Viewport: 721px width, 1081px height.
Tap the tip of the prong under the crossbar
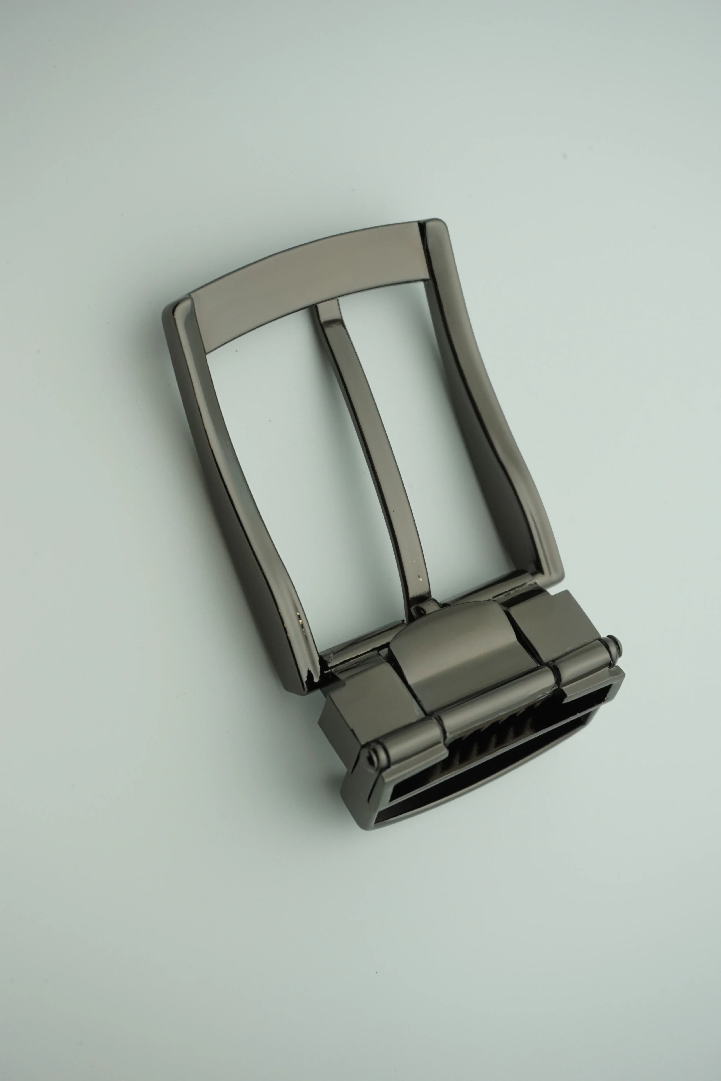327,307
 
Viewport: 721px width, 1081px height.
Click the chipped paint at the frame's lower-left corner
313,676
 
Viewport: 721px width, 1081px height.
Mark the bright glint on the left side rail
300,620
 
